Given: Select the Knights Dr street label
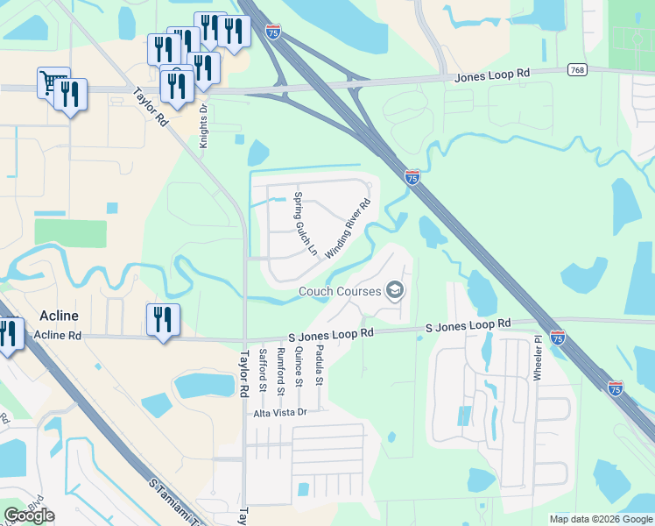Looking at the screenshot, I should pos(203,126).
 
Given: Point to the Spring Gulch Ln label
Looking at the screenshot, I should pos(305,223).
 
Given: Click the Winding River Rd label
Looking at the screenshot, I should pos(349,228).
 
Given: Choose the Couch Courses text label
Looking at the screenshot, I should pos(340,291).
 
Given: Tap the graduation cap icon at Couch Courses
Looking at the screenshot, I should pos(395,290).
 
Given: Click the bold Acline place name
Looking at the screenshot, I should pos(60,316).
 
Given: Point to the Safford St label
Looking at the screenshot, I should pos(262,368).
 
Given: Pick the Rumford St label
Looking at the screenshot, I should pos(280,369).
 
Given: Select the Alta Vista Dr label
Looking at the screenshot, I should pos(280,412).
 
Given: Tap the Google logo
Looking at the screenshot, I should pos(29,515).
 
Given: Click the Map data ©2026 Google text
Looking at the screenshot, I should pos(600,519).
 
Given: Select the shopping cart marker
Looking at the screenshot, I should pos(53,82).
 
